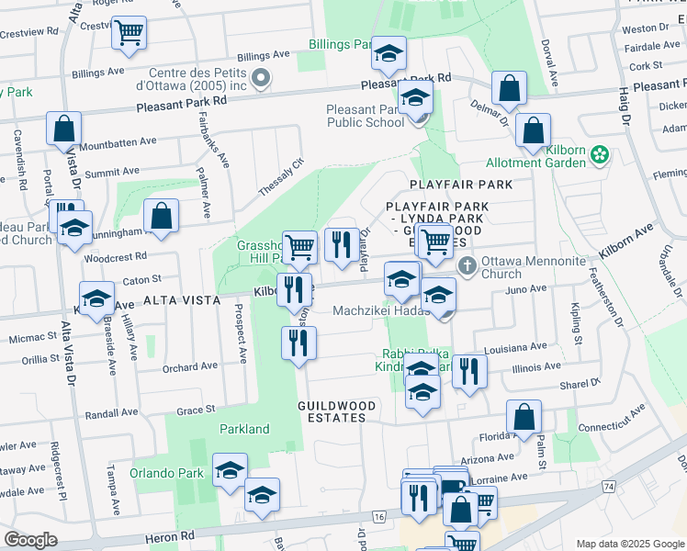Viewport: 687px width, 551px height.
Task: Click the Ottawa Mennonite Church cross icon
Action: pos(467,266)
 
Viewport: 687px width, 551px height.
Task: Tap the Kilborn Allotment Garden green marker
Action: pos(600,154)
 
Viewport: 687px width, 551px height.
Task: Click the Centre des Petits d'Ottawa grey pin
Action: pos(261,79)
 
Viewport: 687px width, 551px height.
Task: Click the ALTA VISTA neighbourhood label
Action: pos(181,300)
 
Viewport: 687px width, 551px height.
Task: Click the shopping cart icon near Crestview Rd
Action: pos(130,33)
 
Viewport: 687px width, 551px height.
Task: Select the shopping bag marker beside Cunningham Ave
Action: pos(161,217)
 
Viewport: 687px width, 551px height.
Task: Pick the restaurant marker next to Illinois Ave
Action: pos(469,371)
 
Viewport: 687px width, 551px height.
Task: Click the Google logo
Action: pos(30,540)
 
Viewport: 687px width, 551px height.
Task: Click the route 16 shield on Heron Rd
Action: pos(378,518)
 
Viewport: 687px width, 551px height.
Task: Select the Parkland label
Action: pos(244,429)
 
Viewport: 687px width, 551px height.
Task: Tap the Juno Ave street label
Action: pos(526,288)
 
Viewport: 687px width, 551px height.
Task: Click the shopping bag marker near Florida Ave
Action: pos(523,418)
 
